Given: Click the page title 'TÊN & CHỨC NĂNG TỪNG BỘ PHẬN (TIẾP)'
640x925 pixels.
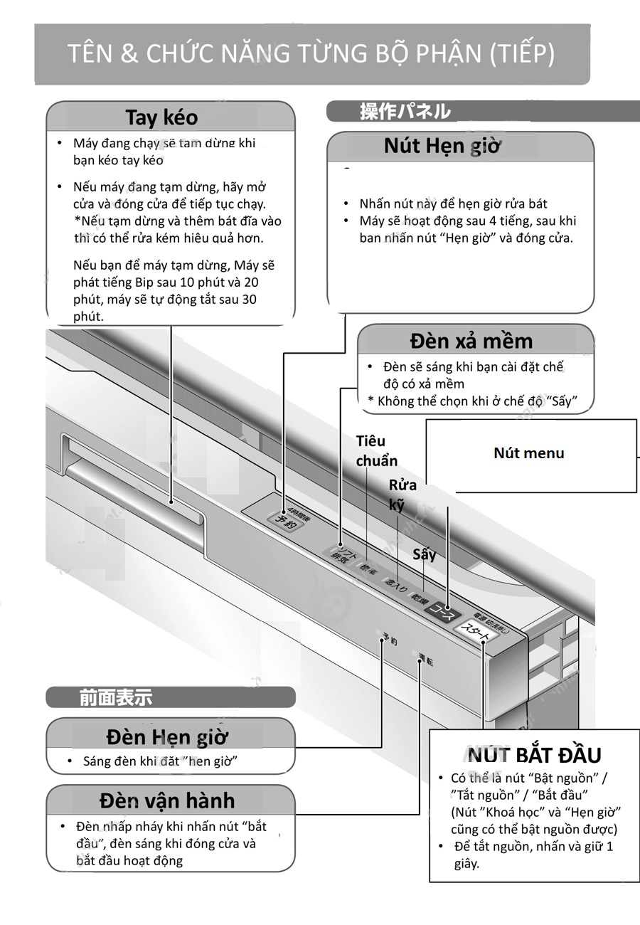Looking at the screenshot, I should (311, 54).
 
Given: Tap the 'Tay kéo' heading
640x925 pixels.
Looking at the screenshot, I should (161, 117).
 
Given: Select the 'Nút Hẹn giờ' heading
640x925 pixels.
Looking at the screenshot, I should (442, 146).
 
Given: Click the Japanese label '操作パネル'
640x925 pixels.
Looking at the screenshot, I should (405, 112).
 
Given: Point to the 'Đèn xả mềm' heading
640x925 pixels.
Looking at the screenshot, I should (471, 341).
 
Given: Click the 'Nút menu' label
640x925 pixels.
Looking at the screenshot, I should (528, 453).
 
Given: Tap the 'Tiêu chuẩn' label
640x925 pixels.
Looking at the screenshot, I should (376, 450).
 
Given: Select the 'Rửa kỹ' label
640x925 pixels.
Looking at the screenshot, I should (402, 495).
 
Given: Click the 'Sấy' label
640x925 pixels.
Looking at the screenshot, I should (424, 554).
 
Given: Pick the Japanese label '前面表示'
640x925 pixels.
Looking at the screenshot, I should (115, 698).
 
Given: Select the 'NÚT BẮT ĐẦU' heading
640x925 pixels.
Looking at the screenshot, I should (535, 755).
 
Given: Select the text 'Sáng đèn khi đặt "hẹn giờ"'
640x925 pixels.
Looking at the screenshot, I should (160, 761).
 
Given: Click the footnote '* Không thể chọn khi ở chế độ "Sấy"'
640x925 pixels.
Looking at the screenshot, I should (471, 401).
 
